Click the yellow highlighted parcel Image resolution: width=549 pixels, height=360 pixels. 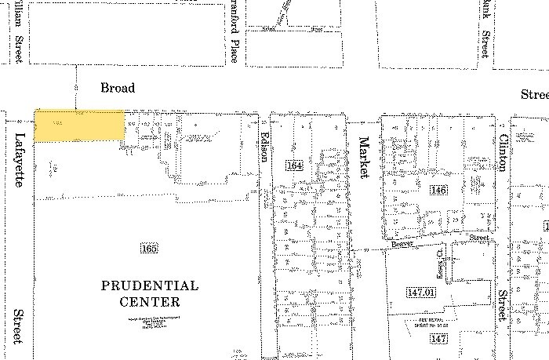[x=79, y=125]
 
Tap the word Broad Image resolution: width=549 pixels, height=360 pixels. [x=118, y=88]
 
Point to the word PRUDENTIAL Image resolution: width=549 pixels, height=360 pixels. [x=150, y=286]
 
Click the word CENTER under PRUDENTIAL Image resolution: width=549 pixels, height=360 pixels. [x=150, y=302]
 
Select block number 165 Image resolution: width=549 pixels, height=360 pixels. [x=150, y=249]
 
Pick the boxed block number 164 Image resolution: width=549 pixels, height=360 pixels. [x=294, y=165]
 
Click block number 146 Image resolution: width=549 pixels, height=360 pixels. [x=438, y=191]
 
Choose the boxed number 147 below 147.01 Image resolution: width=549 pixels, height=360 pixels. [x=438, y=338]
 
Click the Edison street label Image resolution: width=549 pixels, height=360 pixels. [x=264, y=145]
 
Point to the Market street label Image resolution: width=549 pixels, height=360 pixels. [x=363, y=158]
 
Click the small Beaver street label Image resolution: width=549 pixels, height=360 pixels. [x=402, y=245]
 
